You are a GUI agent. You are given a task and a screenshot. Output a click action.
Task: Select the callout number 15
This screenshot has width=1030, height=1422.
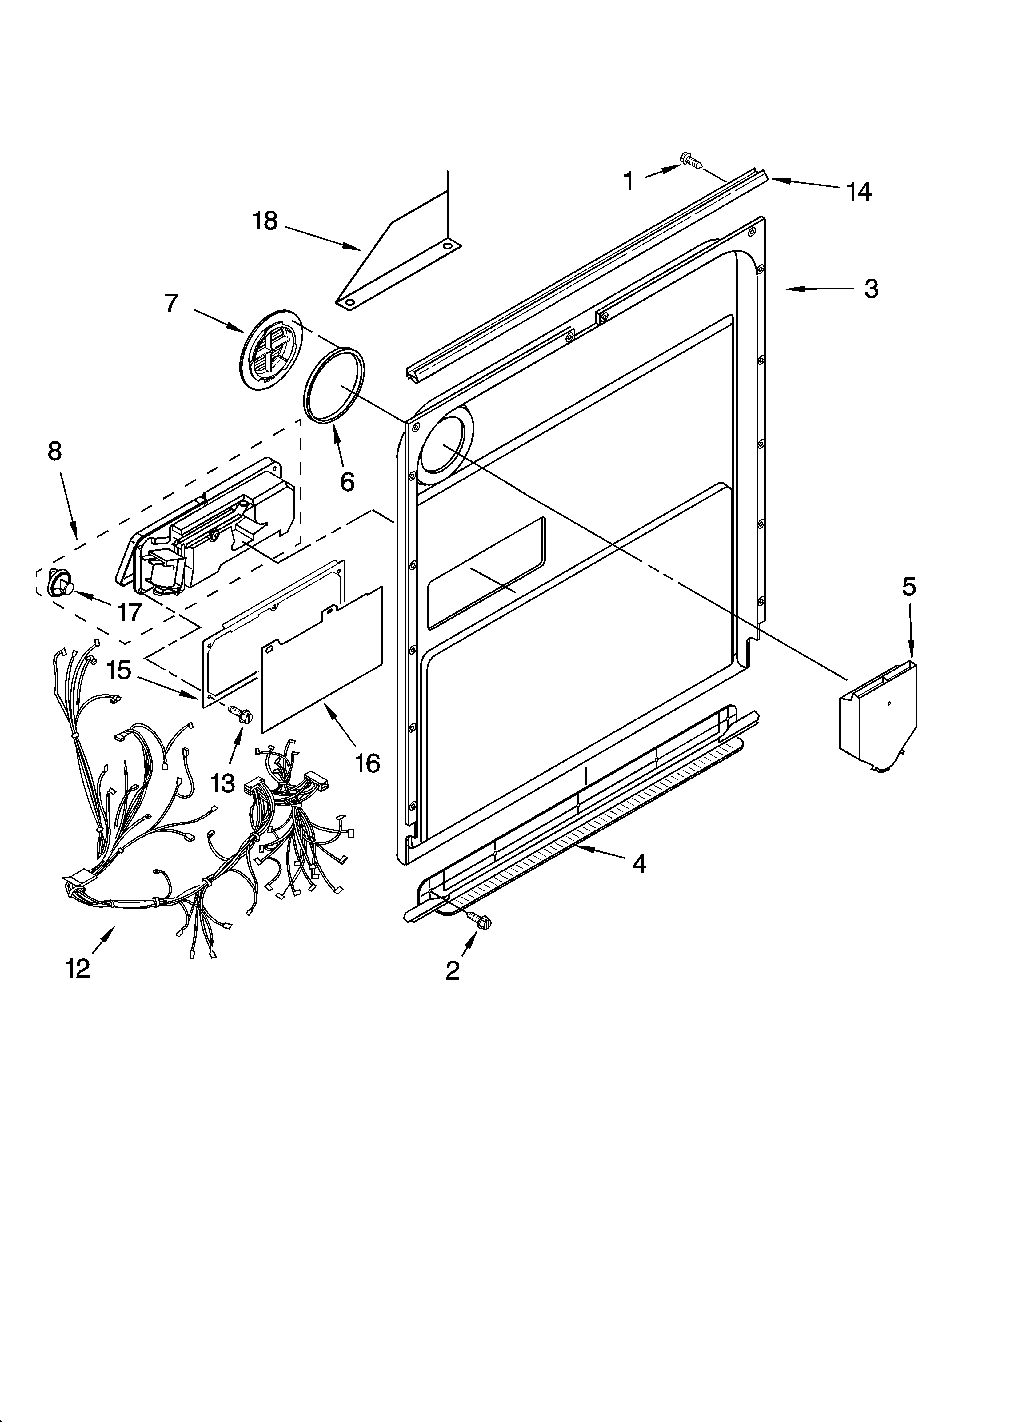pyautogui.click(x=118, y=670)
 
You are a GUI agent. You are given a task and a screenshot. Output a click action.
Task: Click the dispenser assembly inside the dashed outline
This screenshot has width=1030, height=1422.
pyautogui.click(x=207, y=527)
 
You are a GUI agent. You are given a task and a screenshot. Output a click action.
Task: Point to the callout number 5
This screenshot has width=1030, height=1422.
pyautogui.click(x=909, y=587)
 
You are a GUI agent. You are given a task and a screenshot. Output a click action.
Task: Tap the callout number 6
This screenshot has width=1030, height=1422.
pyautogui.click(x=347, y=481)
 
